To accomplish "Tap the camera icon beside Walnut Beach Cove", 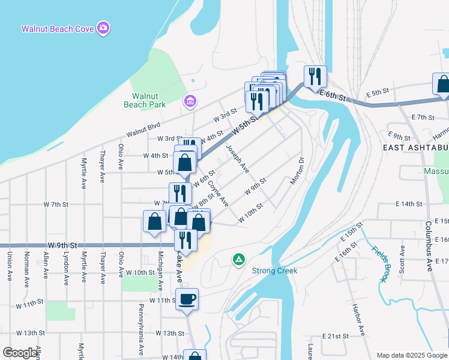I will tap(104, 28).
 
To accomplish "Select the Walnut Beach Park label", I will tap(149, 100).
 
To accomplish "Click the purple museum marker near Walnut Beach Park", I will tap(190, 100).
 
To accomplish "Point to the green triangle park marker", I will tap(239, 259).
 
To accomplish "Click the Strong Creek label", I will tap(274, 271).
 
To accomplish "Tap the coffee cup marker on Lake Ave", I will tap(187, 298).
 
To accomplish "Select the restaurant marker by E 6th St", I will tap(315, 76).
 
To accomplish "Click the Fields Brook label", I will tap(379, 263).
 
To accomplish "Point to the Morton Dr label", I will tap(298, 171).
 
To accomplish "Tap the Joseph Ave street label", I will tap(237, 158).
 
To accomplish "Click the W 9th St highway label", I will tap(62, 245).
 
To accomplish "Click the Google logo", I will tap(20, 353).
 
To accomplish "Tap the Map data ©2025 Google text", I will tap(411, 355).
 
